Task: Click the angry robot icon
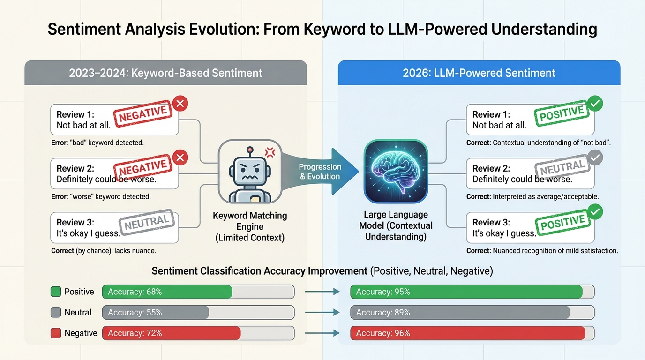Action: pyautogui.click(x=250, y=172)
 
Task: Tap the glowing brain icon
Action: pyautogui.click(x=396, y=172)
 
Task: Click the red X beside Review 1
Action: pyautogui.click(x=180, y=103)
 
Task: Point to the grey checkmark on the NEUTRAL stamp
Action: pyautogui.click(x=595, y=158)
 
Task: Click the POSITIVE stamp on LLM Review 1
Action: pyautogui.click(x=562, y=114)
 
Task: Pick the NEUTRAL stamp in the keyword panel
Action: pyautogui.click(x=147, y=222)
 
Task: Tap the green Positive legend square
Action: pyautogui.click(x=56, y=292)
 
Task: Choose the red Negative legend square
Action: pyautogui.click(x=56, y=333)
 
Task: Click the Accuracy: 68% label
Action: pyautogui.click(x=135, y=292)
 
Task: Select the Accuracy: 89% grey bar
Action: pyautogui.click(x=460, y=313)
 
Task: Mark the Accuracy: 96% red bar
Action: pyautogui.click(x=468, y=333)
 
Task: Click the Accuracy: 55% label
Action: pyautogui.click(x=135, y=313)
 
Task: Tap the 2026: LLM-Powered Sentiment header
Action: pyautogui.click(x=479, y=73)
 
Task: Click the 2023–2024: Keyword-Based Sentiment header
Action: pyautogui.click(x=165, y=73)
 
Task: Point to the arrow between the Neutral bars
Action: pyautogui.click(x=322, y=313)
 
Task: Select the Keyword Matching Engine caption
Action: pyautogui.click(x=250, y=226)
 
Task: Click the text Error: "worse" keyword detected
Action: pyautogui.click(x=101, y=197)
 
